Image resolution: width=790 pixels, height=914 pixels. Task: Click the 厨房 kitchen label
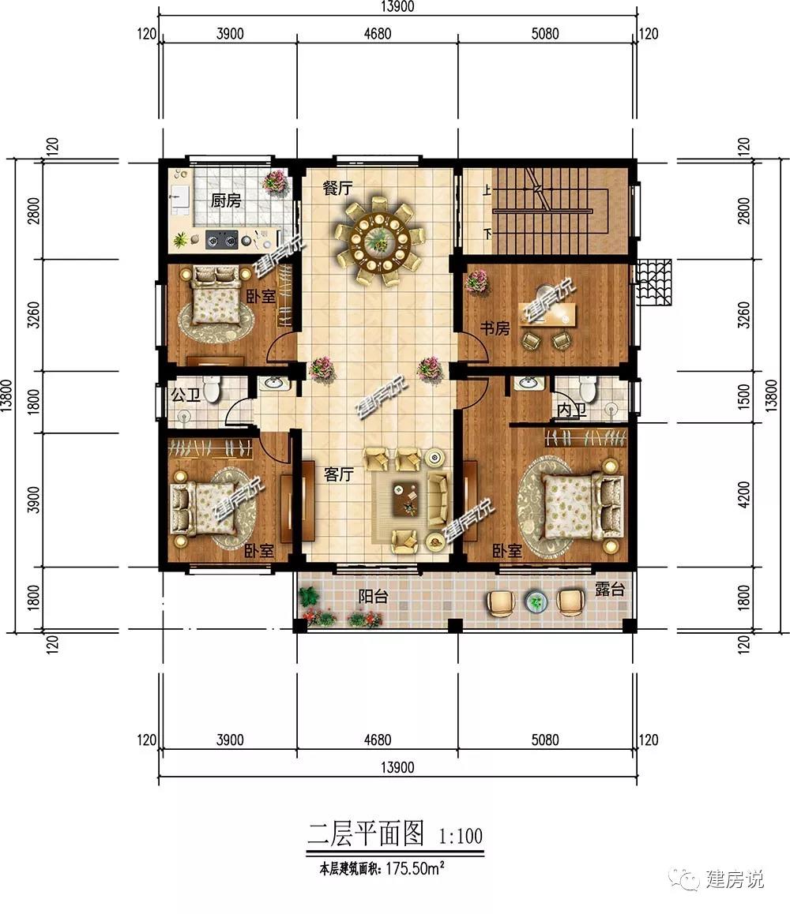226,201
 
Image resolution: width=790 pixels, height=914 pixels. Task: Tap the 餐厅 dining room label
337,189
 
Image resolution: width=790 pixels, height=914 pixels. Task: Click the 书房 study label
495,329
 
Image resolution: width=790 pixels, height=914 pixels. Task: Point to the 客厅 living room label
338,474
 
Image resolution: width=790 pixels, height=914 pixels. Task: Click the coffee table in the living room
406,499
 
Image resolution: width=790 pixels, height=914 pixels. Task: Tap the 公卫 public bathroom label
186,395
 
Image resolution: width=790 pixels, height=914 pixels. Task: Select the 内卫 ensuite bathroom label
571,410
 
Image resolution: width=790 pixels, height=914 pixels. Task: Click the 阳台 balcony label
373,597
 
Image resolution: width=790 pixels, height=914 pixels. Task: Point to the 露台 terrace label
610,590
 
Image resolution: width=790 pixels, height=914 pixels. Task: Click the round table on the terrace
536,602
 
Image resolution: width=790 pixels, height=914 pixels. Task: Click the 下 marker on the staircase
487,234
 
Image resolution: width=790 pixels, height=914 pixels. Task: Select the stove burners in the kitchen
222,239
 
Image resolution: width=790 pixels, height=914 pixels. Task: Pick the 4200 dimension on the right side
743,495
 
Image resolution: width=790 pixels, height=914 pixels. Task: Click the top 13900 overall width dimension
397,6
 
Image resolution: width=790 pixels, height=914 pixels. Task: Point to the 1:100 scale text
461,837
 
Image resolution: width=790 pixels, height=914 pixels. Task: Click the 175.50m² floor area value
415,868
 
